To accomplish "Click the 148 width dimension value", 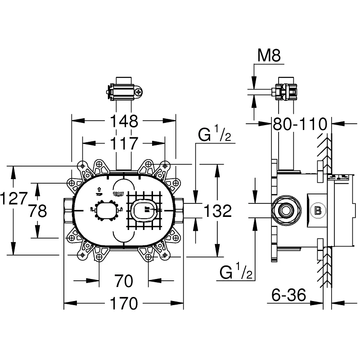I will pos(124,121).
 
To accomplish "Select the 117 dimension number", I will pos(124,144).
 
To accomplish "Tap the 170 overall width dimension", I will pos(124,304).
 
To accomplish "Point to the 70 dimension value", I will pos(124,281).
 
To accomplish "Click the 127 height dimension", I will pos(15,198).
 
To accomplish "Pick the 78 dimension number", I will pos(37,211).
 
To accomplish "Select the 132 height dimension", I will pos(218,211).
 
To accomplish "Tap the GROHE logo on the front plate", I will pos(118,193).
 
